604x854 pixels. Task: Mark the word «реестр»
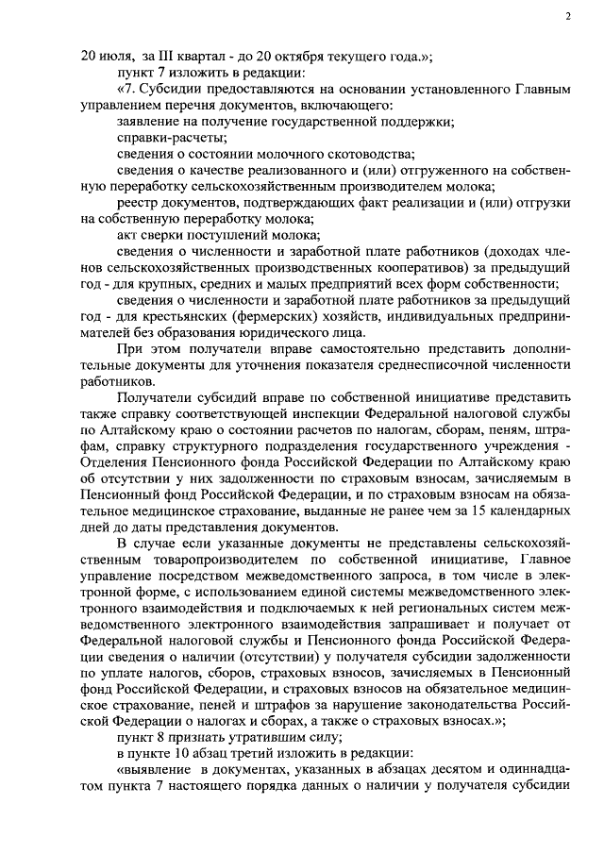(x=137, y=203)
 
